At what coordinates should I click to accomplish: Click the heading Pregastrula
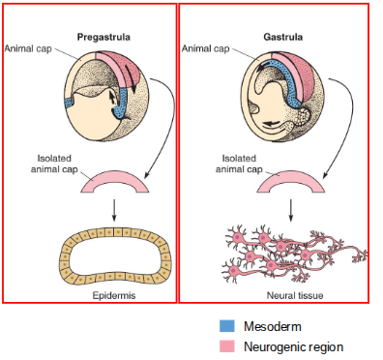(x=103, y=38)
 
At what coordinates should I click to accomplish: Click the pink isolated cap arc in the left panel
(x=114, y=179)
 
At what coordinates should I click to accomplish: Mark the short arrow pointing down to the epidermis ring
(x=114, y=208)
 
